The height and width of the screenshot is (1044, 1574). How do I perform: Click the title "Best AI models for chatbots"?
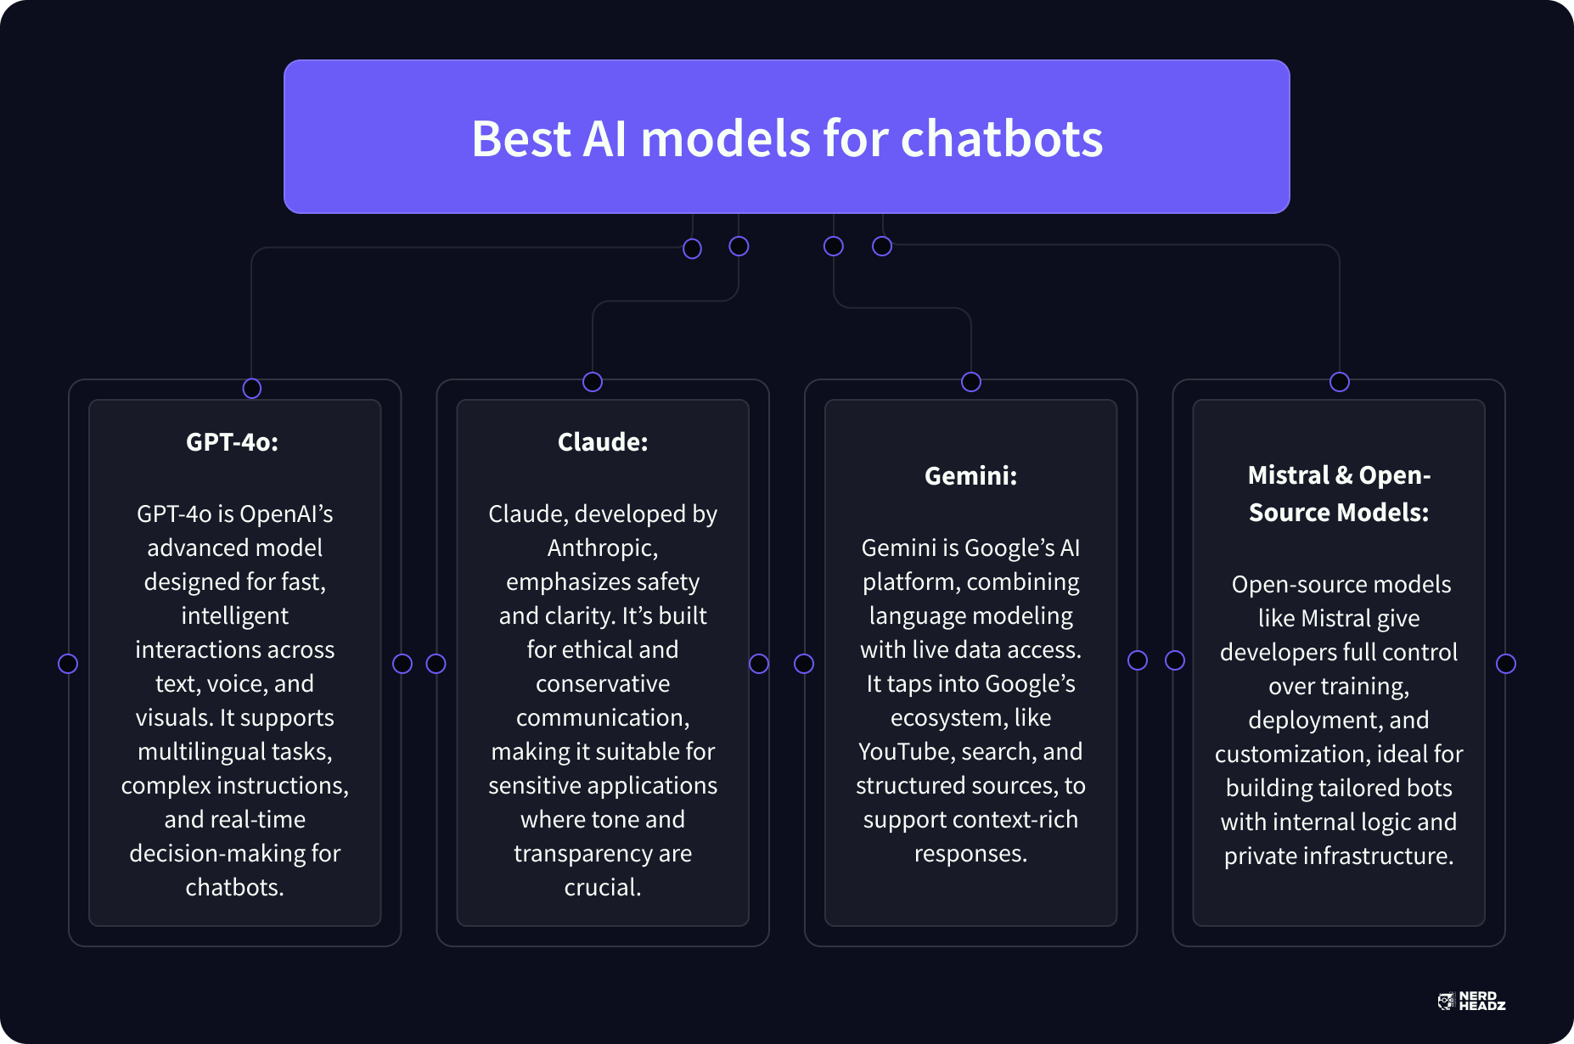click(x=787, y=138)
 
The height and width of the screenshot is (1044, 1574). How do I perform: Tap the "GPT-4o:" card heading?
click(x=232, y=441)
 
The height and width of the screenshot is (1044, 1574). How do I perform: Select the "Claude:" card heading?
click(x=603, y=441)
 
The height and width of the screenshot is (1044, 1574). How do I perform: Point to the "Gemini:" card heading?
click(x=970, y=475)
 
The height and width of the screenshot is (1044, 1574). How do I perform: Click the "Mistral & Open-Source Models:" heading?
click(x=1339, y=493)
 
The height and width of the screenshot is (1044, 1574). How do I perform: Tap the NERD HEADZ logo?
click(x=1471, y=1001)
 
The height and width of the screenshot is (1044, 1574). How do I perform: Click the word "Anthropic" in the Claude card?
click(x=601, y=548)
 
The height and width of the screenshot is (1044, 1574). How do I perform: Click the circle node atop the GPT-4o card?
click(x=251, y=388)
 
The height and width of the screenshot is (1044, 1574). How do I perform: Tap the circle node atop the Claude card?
click(x=593, y=382)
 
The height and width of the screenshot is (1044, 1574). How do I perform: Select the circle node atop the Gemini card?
click(x=971, y=382)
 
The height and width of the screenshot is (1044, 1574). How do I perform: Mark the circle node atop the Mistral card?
click(x=1340, y=382)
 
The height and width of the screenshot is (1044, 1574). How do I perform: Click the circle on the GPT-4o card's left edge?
click(x=68, y=664)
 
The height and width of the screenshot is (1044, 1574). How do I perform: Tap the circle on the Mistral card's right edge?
click(x=1506, y=664)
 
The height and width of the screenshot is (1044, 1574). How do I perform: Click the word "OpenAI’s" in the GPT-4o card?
click(x=286, y=514)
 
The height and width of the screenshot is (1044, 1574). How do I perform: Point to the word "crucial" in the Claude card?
click(x=601, y=888)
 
